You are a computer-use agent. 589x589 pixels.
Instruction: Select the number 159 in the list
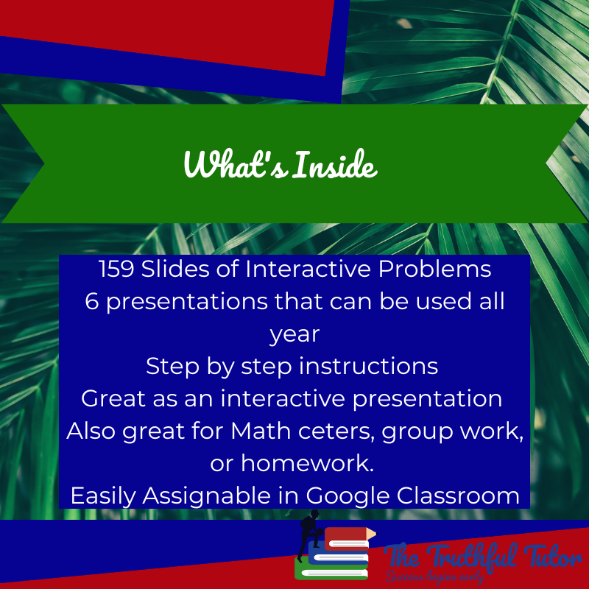coord(116,269)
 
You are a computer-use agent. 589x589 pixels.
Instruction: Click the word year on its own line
coord(294,334)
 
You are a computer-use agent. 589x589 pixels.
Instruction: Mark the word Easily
coord(105,495)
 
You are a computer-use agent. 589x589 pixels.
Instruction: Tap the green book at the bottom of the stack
coord(331,569)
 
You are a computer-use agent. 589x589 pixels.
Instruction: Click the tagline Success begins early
coord(434,577)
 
